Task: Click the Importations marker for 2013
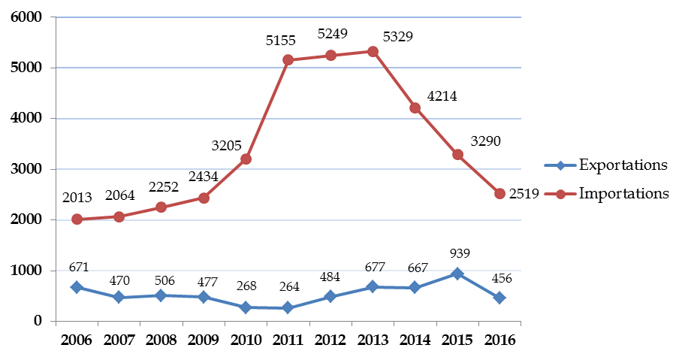tap(373, 51)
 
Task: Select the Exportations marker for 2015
tap(457, 274)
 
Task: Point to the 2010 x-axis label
tap(246, 339)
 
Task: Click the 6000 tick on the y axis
tap(28, 17)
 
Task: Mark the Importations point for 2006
tap(77, 219)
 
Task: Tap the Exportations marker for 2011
tap(288, 308)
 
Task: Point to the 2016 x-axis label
tap(499, 339)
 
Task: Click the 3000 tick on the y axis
tap(28, 169)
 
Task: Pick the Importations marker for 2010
tap(246, 159)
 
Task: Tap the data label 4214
tap(441, 96)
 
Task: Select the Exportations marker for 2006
tap(77, 287)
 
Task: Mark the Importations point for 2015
tap(457, 154)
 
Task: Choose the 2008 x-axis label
tap(161, 339)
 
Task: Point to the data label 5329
tap(398, 35)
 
